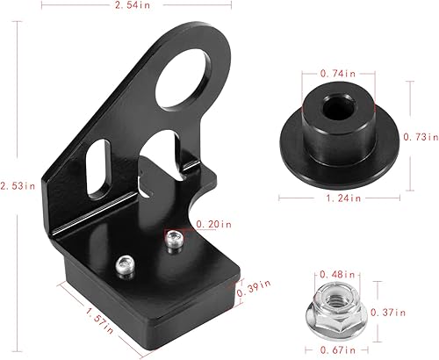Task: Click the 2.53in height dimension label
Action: (18, 185)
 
